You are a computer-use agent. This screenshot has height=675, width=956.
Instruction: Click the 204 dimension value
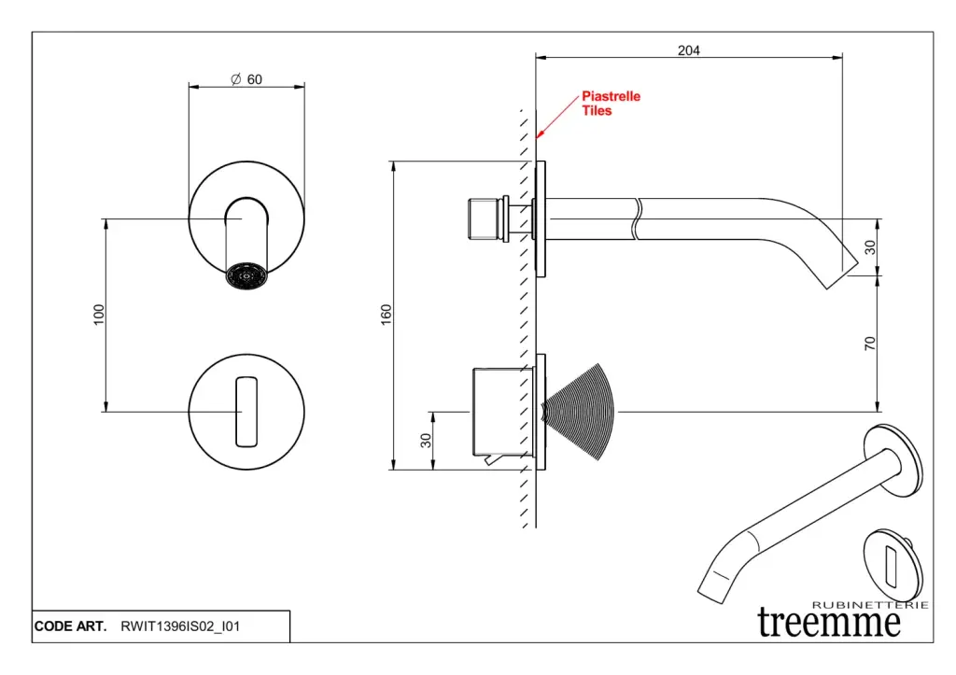(x=688, y=50)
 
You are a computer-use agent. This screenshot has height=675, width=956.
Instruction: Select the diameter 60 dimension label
(x=246, y=79)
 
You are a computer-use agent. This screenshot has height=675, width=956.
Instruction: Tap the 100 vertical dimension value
(x=99, y=315)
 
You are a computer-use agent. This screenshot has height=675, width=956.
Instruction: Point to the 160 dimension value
(x=387, y=316)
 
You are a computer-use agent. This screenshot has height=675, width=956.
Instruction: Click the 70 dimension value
(x=870, y=344)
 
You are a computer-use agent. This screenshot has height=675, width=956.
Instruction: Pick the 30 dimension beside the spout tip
(x=870, y=247)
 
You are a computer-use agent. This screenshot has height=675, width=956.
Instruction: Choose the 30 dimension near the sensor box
(x=426, y=440)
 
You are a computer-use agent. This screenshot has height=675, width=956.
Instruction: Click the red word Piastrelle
(x=612, y=96)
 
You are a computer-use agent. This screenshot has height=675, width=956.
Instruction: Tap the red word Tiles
(x=597, y=110)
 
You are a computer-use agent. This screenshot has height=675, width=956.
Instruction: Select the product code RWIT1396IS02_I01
(x=180, y=626)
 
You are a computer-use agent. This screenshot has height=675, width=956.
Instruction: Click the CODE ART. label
(x=70, y=626)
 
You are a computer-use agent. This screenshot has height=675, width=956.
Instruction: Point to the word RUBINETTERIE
(x=870, y=605)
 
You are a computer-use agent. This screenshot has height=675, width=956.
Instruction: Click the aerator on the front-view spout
(x=246, y=275)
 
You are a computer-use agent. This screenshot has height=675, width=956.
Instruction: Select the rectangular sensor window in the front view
(x=246, y=411)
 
